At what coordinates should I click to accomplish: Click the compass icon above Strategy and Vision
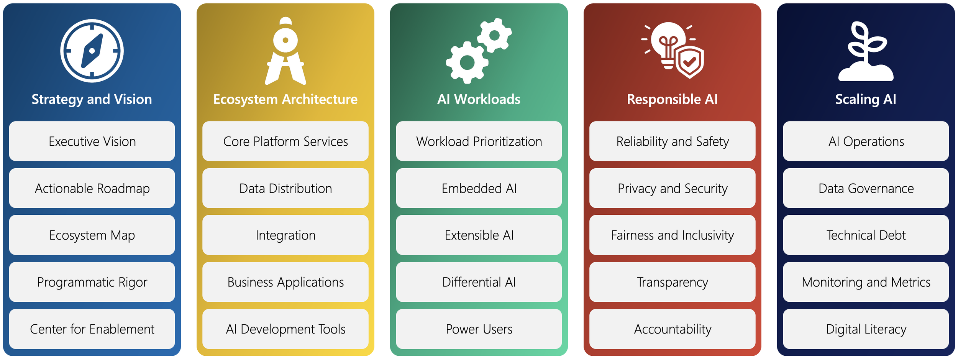[x=92, y=51]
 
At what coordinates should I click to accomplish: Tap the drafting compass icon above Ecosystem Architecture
[x=285, y=51]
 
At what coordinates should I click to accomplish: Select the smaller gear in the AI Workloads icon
[x=494, y=35]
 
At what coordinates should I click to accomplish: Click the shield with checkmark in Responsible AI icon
[x=690, y=62]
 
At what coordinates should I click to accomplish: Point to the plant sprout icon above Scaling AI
[x=866, y=52]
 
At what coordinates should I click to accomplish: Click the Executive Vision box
[x=92, y=141]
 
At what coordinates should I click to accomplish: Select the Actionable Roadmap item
[x=92, y=188]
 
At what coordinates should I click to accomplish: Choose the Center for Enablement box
[x=92, y=329]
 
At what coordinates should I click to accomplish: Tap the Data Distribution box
[x=285, y=188]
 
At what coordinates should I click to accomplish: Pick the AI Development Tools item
[x=285, y=329]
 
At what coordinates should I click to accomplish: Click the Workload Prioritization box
[x=479, y=141]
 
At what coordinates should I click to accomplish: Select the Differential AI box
[x=479, y=282]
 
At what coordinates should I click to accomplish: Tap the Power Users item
[x=479, y=329]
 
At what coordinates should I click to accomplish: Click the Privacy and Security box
[x=673, y=188]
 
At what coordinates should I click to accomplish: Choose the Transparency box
[x=673, y=282]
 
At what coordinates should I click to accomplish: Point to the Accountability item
[x=673, y=329]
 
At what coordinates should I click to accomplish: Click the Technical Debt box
[x=866, y=235]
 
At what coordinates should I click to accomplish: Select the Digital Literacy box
[x=866, y=329]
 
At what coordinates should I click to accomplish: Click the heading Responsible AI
[x=672, y=99]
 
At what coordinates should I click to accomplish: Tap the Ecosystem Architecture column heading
[x=285, y=99]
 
